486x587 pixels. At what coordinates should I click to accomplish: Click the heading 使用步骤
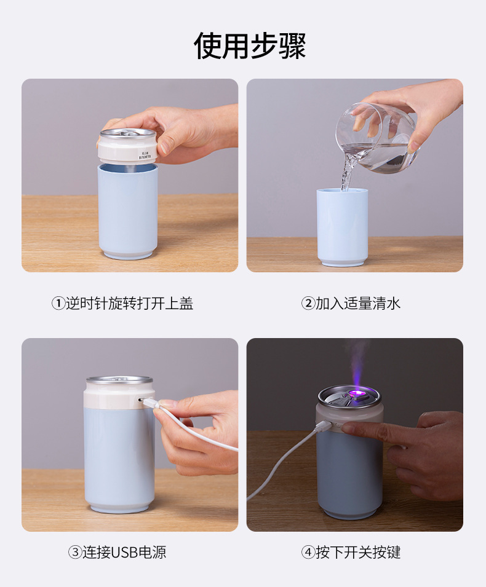click(x=250, y=46)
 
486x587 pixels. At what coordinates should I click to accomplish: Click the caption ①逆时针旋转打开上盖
click(x=122, y=303)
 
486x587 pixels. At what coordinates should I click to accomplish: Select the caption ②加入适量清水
click(x=351, y=303)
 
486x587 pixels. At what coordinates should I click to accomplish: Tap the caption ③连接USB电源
click(x=117, y=552)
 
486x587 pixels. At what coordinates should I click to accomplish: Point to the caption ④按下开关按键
click(x=351, y=552)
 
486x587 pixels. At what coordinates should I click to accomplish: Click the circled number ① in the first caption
click(x=58, y=304)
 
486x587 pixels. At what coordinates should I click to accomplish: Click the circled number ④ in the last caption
click(x=308, y=553)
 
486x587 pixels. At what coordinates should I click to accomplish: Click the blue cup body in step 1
click(x=127, y=209)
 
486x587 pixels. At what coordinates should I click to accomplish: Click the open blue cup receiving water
click(x=342, y=227)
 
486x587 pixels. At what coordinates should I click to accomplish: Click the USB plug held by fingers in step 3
click(x=149, y=404)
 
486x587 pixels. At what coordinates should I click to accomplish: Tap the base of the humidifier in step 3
click(x=119, y=508)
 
